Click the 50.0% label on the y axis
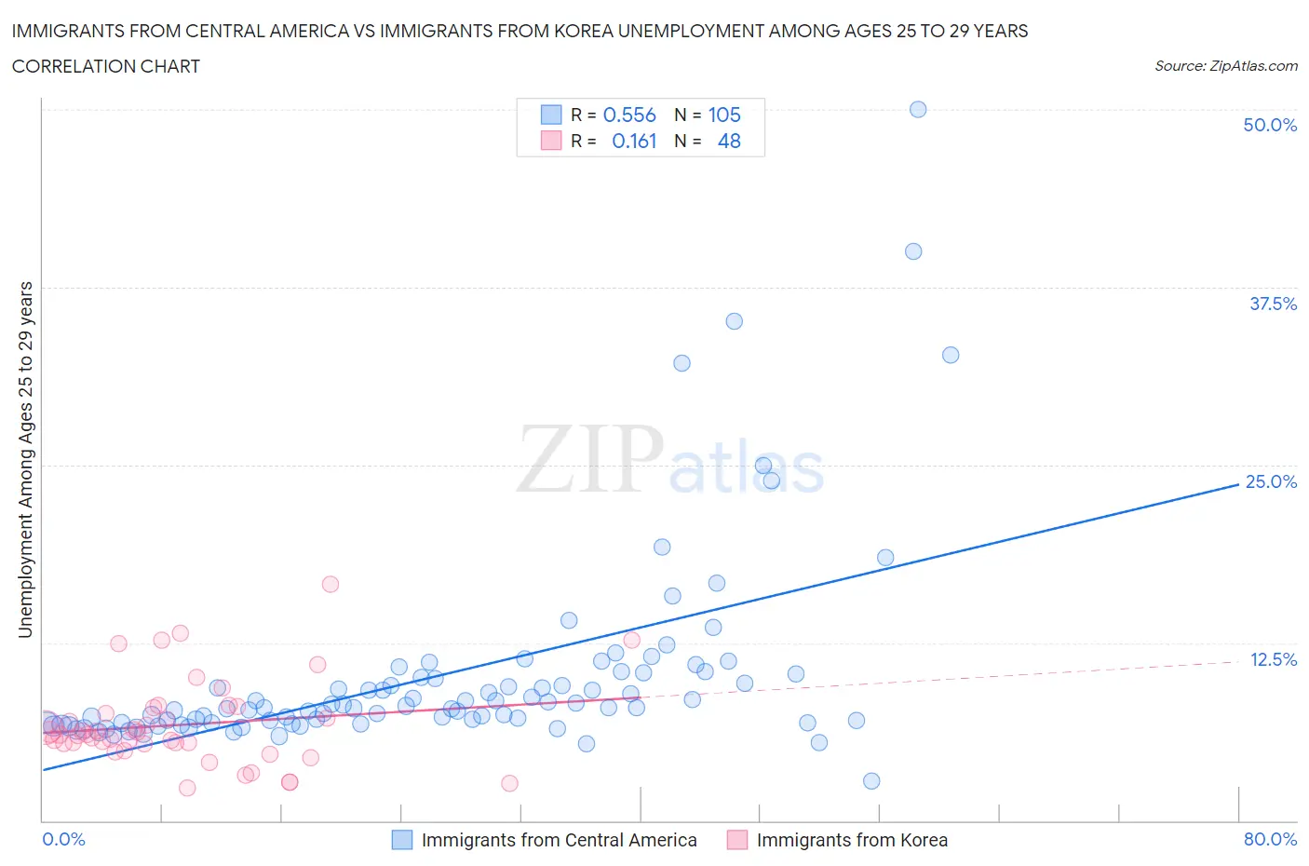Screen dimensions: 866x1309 coord(1270,125)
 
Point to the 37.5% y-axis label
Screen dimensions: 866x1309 coord(1273,304)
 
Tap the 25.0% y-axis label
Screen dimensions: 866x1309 coord(1271,481)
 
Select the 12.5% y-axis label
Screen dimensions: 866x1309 coord(1273,659)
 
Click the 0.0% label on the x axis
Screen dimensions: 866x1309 coord(64,839)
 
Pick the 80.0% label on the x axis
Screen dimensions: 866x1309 coord(1270,839)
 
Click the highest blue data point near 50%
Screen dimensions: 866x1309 coord(918,109)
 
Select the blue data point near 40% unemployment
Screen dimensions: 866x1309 coord(913,251)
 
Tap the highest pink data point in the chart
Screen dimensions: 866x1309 coord(331,584)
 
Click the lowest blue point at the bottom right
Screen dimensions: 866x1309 coord(871,780)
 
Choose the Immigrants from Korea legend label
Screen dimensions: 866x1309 coord(852,840)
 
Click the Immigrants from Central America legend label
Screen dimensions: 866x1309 coord(559,840)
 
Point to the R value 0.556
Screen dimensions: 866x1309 coord(629,115)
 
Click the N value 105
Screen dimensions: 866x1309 coord(724,115)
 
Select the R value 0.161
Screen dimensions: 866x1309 coord(634,141)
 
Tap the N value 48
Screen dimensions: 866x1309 coord(729,141)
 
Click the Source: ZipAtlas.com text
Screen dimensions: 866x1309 coord(1225,65)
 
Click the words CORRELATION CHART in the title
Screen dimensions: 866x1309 coord(106,66)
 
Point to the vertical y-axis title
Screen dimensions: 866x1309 coord(25,459)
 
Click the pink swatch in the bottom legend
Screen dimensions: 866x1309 coord(737,840)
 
